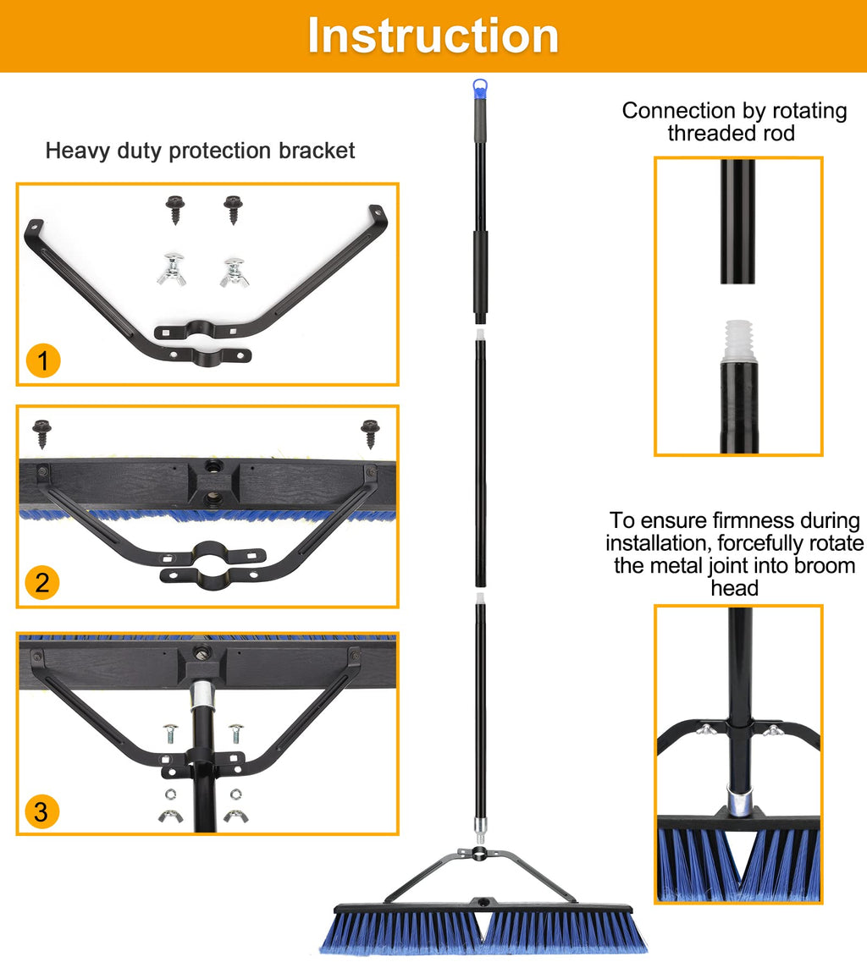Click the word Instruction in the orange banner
pos(433,36)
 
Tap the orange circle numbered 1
pos(43,360)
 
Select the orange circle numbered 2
pos(42,583)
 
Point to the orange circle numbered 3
pos(41,811)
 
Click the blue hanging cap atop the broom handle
pos(480,89)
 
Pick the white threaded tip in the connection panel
pos(739,340)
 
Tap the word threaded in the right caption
pos(707,134)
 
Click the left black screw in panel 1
pos(175,209)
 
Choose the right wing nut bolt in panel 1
pos(235,272)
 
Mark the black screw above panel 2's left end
pos(42,433)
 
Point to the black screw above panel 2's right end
pos(370,434)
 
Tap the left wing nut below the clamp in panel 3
pos(170,816)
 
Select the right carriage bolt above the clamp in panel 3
pos(235,733)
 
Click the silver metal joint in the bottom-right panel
pos(740,800)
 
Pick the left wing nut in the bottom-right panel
pos(706,729)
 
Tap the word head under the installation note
pos(735,588)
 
